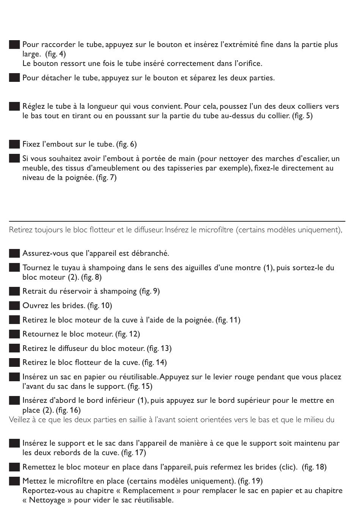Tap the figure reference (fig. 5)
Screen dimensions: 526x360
click(302, 116)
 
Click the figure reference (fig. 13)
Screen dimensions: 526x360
click(159, 349)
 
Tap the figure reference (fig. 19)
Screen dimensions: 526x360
click(250, 481)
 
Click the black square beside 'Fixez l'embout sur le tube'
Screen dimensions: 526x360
click(14, 144)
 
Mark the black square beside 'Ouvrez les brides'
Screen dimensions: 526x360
click(14, 306)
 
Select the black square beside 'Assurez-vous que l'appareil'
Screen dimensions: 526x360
click(14, 254)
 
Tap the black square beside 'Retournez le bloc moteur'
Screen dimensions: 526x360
click(14, 334)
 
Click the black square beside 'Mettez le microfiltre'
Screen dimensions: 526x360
click(14, 481)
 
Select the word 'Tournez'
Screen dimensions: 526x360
click(35, 268)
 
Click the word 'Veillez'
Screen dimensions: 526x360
click(20, 420)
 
